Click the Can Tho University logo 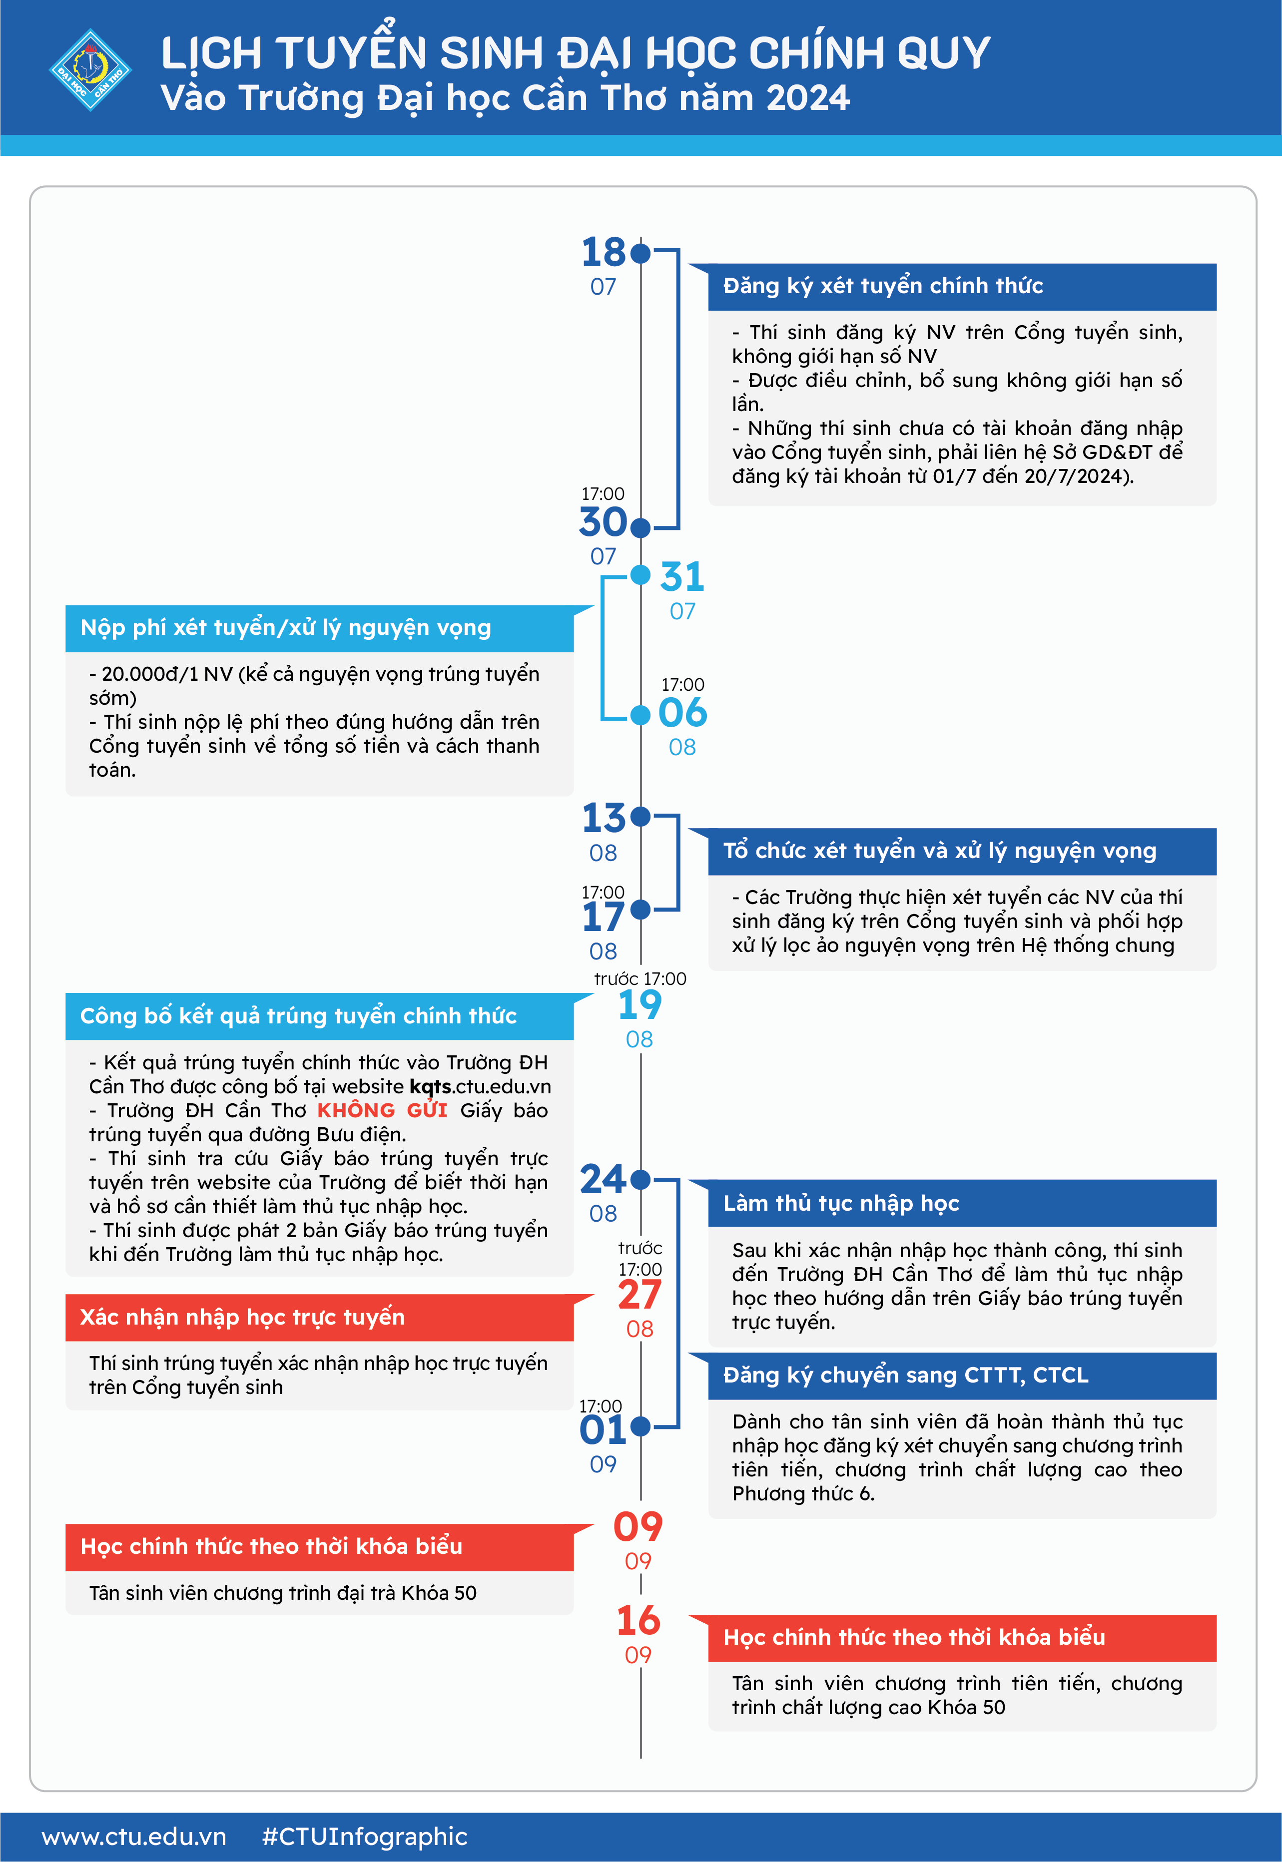(x=90, y=70)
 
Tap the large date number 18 (x=603, y=253)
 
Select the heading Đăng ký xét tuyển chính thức (x=883, y=286)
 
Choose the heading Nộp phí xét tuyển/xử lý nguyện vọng (x=285, y=628)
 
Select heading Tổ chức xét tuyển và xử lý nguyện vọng (x=939, y=851)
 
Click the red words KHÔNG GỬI (x=382, y=1110)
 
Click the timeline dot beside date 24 (x=640, y=1180)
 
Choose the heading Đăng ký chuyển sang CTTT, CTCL (x=905, y=1376)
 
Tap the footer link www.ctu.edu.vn (x=134, y=1837)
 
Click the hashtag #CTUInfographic (x=365, y=1837)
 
